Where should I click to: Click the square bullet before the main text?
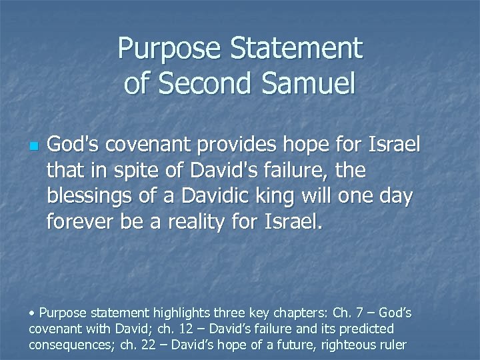pos(33,146)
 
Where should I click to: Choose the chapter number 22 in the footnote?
pos(159,345)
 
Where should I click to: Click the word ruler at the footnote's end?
pos(393,345)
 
